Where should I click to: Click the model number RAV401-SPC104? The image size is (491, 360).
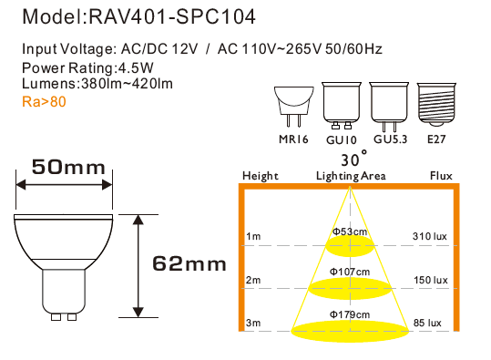pyautogui.click(x=172, y=16)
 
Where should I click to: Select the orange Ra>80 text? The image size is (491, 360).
pyautogui.click(x=44, y=102)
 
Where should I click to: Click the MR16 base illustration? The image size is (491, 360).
pyautogui.click(x=293, y=107)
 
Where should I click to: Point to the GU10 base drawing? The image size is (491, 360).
pyautogui.click(x=342, y=106)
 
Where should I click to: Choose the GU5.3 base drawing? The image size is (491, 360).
pyautogui.click(x=389, y=107)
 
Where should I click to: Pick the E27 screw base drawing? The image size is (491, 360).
pyautogui.click(x=436, y=105)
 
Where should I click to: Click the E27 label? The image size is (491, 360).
pyautogui.click(x=436, y=139)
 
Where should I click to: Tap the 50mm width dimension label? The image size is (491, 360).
pyautogui.click(x=68, y=167)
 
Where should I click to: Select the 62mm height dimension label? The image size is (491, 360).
pyautogui.click(x=189, y=263)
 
